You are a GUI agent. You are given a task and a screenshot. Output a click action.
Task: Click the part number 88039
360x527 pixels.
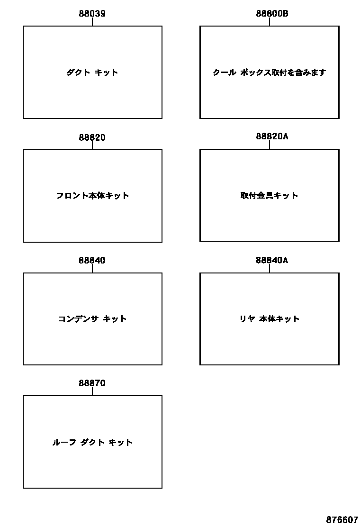tap(92, 14)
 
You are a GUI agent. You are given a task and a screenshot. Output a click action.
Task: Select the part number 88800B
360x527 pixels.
tap(272, 14)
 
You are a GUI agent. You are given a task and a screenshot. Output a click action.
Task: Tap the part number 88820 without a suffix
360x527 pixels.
tap(92, 137)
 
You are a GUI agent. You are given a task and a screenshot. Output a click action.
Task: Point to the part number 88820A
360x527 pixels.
tap(272, 136)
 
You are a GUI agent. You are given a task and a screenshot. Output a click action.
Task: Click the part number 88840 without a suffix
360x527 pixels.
tap(92, 260)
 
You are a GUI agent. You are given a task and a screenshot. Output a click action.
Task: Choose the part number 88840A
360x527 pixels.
tap(272, 260)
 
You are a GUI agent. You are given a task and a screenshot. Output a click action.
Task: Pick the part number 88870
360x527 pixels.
tap(92, 383)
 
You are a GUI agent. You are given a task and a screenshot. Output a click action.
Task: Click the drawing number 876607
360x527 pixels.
tap(342, 519)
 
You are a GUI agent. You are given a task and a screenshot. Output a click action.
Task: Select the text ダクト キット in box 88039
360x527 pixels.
tap(92, 73)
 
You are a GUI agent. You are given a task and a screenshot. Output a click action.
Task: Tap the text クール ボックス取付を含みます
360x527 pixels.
tap(270, 73)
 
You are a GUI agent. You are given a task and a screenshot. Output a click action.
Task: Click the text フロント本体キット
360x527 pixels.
tap(92, 196)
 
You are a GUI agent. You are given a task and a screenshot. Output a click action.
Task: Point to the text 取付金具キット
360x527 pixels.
tap(270, 195)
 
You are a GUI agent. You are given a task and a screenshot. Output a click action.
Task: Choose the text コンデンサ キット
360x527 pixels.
tap(92, 319)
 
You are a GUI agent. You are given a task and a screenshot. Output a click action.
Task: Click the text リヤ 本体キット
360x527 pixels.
tap(270, 319)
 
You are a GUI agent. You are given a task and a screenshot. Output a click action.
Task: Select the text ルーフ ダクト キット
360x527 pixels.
tap(92, 442)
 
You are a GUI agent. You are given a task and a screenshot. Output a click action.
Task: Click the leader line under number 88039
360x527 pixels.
tap(92, 22)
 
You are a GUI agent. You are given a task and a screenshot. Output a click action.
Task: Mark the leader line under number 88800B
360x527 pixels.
tap(270, 22)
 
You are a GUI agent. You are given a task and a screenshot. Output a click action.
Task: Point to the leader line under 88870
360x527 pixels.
tap(92, 391)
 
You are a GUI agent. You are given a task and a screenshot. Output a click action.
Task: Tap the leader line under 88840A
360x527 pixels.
tap(270, 268)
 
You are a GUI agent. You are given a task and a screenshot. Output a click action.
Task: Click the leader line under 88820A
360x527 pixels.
tap(270, 145)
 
